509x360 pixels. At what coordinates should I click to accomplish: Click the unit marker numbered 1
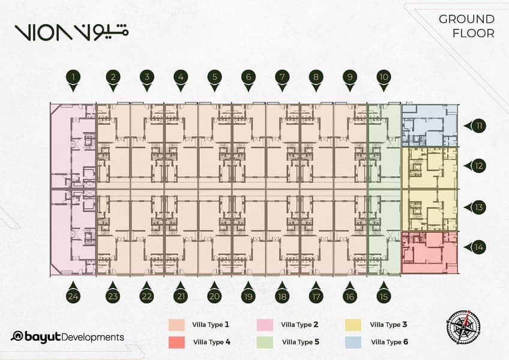74,80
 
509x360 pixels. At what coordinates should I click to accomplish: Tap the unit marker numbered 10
384,80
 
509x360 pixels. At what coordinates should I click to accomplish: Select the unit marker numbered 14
475,247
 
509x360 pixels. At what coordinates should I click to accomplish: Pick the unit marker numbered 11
475,125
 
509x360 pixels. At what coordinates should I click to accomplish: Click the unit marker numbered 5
214,80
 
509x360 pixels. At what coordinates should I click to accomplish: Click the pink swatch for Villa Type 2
265,325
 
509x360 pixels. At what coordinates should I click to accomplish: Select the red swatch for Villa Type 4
176,343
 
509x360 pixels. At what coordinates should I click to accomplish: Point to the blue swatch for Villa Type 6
353,343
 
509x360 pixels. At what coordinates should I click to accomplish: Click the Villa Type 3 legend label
388,325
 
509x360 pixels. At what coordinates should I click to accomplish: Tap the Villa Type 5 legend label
301,342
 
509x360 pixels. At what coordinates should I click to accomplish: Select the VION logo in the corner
71,32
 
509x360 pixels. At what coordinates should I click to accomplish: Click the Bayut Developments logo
67,337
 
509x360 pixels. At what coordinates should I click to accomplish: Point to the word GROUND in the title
466,19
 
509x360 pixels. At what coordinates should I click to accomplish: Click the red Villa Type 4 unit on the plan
430,253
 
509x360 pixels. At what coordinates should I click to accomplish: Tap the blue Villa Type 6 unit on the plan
430,125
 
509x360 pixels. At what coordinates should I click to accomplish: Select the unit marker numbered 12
475,166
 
